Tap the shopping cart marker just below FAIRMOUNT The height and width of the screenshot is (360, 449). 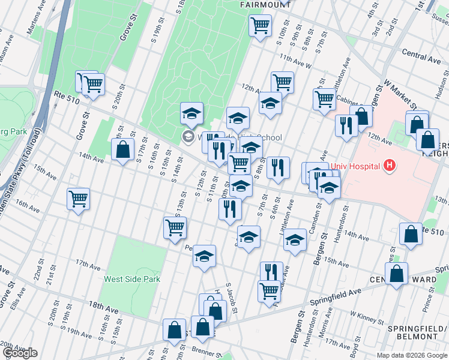tap(260, 26)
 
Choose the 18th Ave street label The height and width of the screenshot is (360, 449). tap(103, 306)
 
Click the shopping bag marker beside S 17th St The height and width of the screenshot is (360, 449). tap(122, 150)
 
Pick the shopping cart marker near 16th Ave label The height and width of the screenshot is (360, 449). tap(79, 200)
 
